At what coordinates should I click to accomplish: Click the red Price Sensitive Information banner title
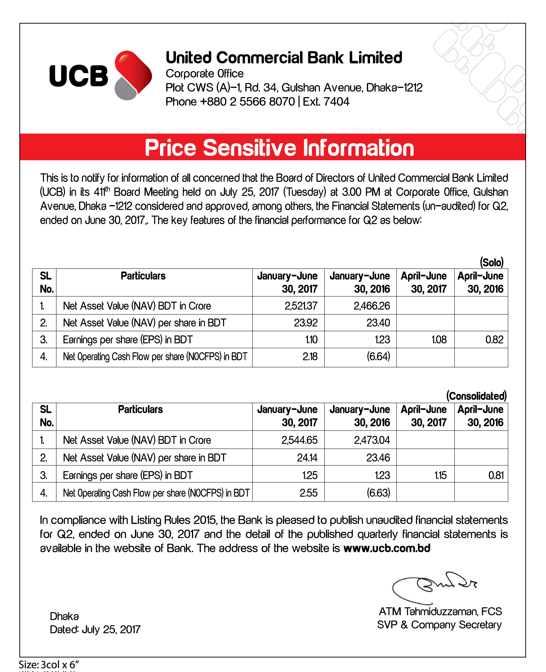279,148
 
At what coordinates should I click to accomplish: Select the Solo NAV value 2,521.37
301,306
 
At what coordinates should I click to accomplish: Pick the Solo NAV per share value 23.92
305,323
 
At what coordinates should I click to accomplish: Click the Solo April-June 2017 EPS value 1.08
439,340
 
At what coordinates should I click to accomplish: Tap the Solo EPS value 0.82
494,340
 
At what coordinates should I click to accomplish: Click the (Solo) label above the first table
492,262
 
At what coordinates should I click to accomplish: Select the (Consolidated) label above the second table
476,396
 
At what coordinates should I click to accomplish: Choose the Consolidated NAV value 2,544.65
299,440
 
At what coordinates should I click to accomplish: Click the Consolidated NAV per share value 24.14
307,457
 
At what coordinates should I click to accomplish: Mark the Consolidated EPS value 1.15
440,475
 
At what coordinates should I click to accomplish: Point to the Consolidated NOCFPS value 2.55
308,493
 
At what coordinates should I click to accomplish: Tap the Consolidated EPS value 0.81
496,475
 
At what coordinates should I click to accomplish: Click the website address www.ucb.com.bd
387,548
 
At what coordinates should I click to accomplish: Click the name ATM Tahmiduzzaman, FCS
440,611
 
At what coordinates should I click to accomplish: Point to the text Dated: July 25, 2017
95,629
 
